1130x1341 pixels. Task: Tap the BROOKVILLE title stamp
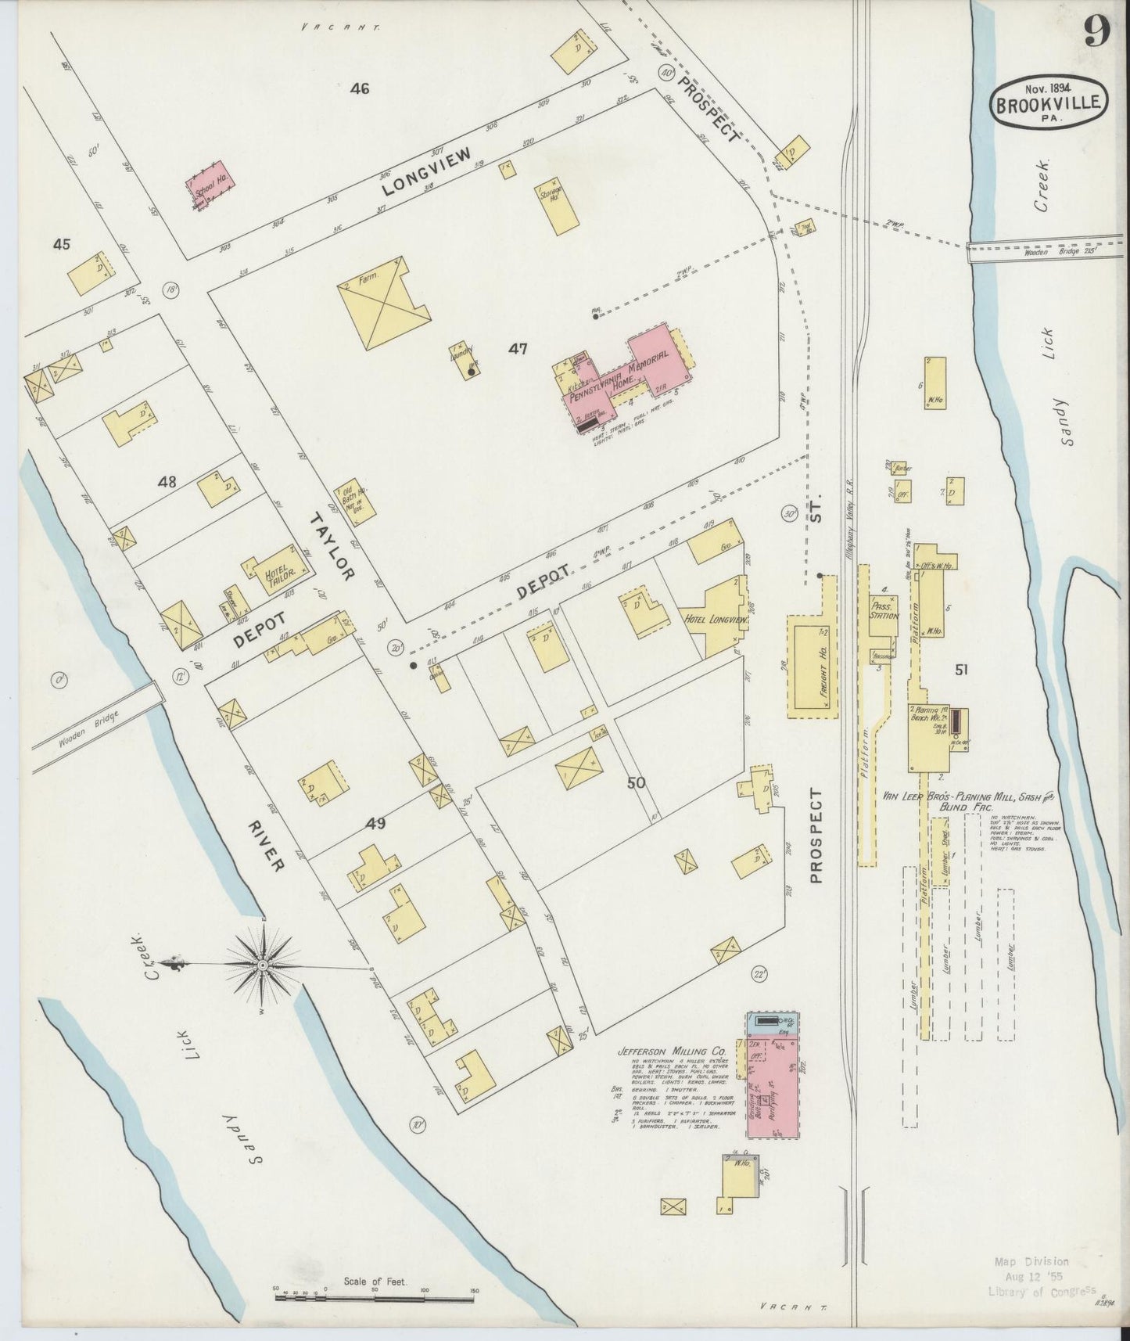[x=1049, y=102]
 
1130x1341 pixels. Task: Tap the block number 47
[x=518, y=349]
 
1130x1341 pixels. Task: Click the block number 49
[x=376, y=823]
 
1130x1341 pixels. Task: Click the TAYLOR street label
[x=333, y=546]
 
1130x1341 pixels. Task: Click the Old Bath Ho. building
[x=356, y=501]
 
